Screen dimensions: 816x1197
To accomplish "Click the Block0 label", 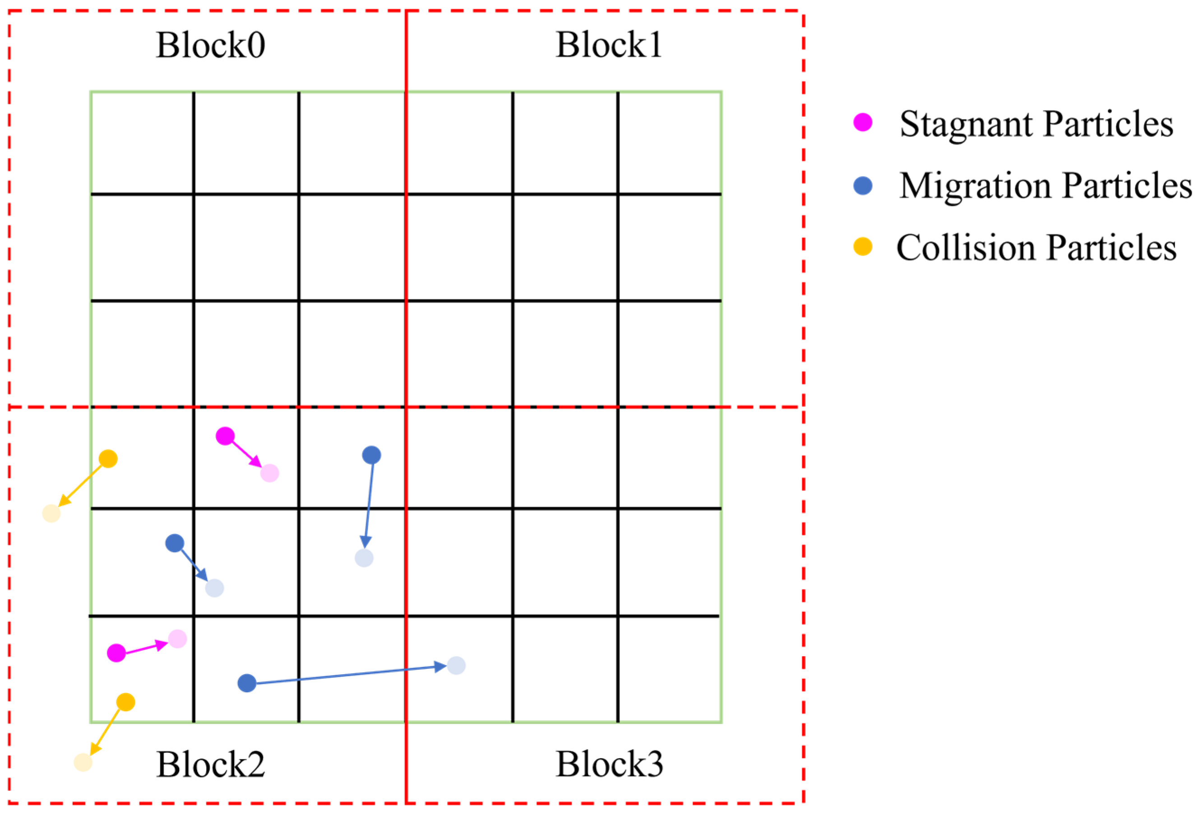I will (x=211, y=45).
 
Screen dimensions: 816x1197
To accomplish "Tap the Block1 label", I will (x=609, y=45).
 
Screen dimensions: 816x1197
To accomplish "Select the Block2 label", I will (x=211, y=765).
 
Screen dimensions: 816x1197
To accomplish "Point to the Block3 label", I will (x=609, y=765).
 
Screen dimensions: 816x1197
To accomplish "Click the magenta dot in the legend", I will (x=863, y=123).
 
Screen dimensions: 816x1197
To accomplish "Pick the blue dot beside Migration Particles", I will (x=863, y=186).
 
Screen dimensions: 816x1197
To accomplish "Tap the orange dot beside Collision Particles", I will (x=863, y=247).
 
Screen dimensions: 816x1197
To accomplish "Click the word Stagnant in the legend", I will (x=966, y=125).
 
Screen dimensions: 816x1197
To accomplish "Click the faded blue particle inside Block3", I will (x=456, y=666).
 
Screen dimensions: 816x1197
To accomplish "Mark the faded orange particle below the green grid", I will (x=83, y=762).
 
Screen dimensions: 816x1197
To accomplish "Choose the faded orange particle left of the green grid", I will (x=51, y=513).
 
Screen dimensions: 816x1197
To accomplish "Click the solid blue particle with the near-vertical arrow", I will (x=371, y=455).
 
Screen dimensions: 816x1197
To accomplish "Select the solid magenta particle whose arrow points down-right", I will (x=225, y=436).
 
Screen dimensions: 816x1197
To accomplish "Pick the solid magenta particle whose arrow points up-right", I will (x=116, y=653).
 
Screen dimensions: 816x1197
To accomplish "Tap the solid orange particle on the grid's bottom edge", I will (x=126, y=702).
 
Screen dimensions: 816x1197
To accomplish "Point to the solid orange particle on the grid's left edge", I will (x=108, y=459).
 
